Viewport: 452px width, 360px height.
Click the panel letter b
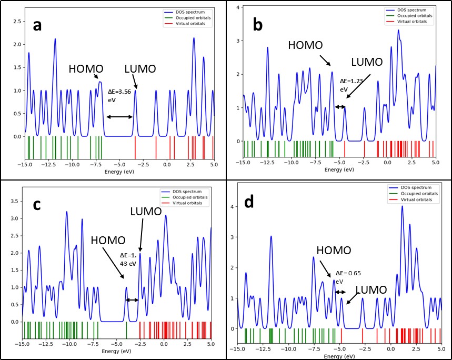[x=258, y=25]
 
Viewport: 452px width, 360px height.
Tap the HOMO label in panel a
[x=86, y=69]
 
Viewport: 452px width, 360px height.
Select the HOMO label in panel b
[x=305, y=45]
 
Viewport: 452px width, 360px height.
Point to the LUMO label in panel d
[x=371, y=289]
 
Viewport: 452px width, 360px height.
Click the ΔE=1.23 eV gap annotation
[x=351, y=85]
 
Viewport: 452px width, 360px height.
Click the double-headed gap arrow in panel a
[x=119, y=117]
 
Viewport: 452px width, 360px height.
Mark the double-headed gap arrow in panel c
[x=132, y=300]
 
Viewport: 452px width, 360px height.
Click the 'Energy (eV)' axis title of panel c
[x=116, y=351]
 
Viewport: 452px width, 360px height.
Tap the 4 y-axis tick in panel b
[x=238, y=7]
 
